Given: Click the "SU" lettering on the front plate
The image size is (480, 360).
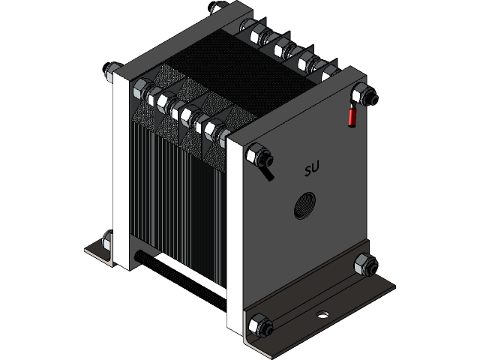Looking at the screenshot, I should [x=312, y=171].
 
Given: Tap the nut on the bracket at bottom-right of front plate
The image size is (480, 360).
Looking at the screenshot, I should [x=363, y=264].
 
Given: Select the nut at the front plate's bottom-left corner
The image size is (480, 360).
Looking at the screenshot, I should [x=257, y=325].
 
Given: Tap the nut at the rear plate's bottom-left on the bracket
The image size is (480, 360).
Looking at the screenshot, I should [x=107, y=242].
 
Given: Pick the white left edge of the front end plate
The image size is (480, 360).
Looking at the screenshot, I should [x=233, y=240].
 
